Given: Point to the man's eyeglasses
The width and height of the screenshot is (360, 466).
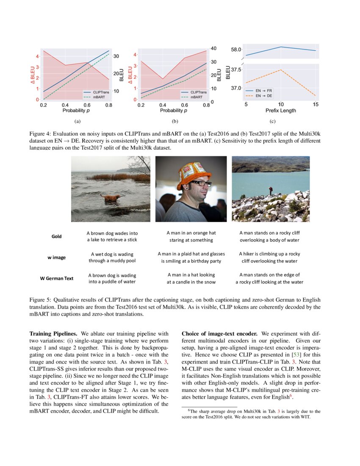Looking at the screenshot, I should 201,183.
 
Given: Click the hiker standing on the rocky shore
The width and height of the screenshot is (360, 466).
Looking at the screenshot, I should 270,191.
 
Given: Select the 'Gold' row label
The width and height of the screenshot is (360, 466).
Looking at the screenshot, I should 56,236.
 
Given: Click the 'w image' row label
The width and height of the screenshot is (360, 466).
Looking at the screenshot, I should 56,257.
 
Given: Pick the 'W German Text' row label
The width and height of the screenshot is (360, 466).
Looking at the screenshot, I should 56,278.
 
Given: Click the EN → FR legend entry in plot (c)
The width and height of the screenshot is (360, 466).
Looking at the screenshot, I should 264,91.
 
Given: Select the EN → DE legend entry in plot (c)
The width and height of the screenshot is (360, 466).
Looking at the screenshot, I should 264,96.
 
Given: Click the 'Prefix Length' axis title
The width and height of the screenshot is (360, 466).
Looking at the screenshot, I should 281,111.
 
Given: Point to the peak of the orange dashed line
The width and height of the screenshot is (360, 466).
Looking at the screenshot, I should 281,69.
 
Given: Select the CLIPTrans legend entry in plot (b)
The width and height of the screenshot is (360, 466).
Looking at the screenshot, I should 198,92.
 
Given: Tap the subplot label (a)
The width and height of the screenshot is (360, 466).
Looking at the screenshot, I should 77,122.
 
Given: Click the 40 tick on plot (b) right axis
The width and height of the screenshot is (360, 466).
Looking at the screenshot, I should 214,48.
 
